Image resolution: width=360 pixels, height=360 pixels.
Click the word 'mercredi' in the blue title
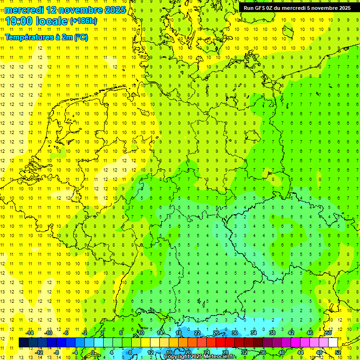coord(24,10)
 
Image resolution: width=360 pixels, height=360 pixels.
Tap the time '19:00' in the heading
coord(20,21)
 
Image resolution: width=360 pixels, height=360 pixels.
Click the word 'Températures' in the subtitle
coord(27,37)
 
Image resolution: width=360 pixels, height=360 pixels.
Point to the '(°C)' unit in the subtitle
coord(80,37)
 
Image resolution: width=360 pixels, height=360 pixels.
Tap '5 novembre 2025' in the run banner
coord(329,7)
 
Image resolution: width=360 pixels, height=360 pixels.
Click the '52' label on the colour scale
coord(338,352)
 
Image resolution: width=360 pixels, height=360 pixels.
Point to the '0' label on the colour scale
coord(93,352)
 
